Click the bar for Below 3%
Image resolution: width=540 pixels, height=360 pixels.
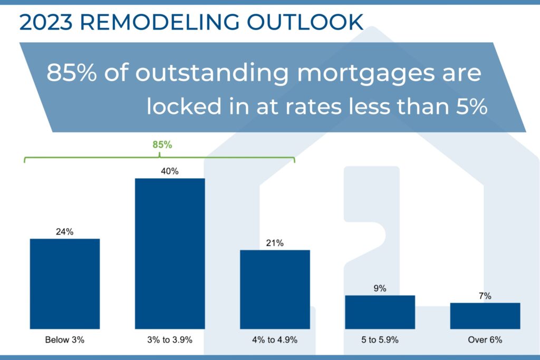pos(65,284)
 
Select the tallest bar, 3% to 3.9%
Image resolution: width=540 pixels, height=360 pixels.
pos(170,254)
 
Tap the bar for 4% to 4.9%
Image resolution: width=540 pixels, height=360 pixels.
pos(275,289)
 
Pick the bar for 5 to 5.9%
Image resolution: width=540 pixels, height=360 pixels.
pos(380,312)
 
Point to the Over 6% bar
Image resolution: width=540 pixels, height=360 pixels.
pos(485,316)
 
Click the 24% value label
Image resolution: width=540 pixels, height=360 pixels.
pos(65,231)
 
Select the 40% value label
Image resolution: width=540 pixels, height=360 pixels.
pos(170,171)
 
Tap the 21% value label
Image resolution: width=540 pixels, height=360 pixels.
pos(275,243)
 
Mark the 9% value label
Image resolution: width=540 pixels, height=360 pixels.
pos(380,288)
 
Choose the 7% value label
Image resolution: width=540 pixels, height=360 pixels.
pos(485,296)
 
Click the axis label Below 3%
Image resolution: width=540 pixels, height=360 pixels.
pos(65,340)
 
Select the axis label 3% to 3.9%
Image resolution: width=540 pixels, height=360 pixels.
pos(170,340)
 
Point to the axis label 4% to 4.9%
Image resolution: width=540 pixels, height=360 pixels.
pos(275,340)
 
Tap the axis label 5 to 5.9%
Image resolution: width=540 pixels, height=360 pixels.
pos(380,340)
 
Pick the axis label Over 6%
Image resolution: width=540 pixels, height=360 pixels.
pos(485,340)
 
